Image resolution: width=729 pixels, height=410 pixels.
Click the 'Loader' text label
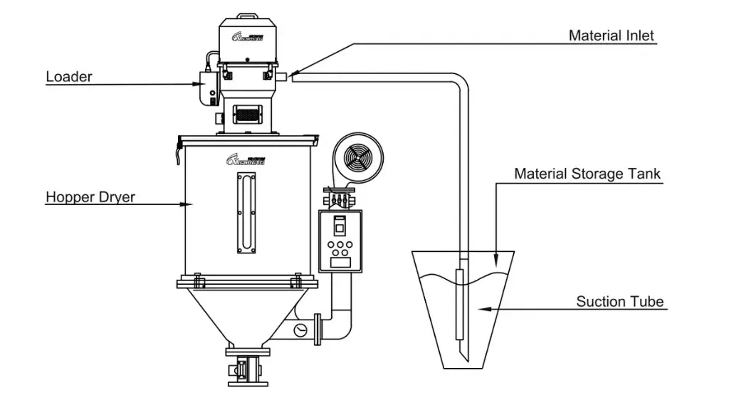click(x=69, y=76)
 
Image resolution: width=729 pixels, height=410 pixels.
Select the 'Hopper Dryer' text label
click(x=90, y=197)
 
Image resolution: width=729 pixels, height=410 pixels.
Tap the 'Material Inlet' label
click(x=611, y=36)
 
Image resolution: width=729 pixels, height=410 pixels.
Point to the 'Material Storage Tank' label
click(x=588, y=173)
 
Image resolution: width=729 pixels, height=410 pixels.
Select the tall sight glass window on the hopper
click(x=238, y=214)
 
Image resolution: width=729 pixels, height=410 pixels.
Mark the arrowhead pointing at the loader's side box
click(x=199, y=84)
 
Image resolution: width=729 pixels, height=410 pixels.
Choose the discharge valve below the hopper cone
click(x=246, y=369)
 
